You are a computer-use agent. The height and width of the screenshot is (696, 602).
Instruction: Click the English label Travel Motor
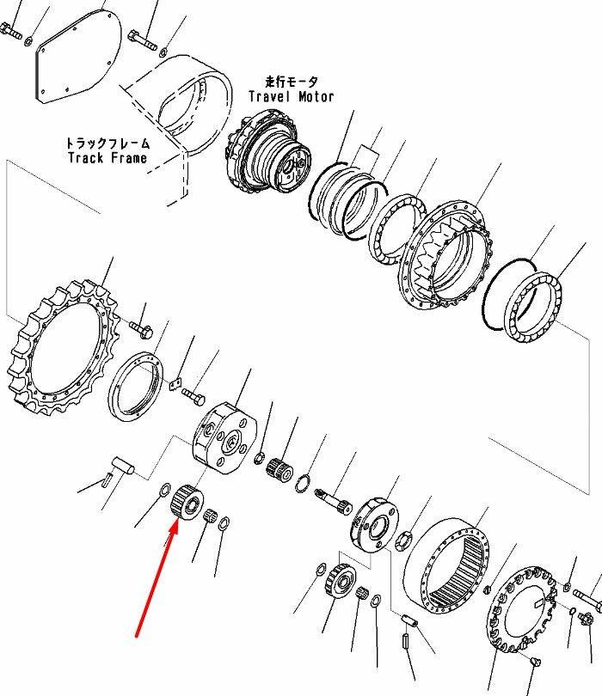[x=291, y=96]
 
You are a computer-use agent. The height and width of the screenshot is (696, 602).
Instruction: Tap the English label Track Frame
[x=107, y=157]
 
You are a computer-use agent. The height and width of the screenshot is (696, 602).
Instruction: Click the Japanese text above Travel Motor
[x=292, y=82]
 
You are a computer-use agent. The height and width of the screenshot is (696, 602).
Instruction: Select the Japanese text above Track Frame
[x=107, y=143]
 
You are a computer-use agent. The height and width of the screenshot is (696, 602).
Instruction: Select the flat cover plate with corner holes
[x=77, y=57]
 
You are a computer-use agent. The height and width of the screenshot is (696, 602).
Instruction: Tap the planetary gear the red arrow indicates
[x=187, y=502]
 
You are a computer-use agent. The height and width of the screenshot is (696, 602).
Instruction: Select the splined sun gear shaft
[x=333, y=502]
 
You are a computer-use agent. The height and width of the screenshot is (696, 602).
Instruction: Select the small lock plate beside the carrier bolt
[x=176, y=384]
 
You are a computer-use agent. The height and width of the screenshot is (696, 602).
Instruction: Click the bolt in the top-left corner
[x=11, y=31]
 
